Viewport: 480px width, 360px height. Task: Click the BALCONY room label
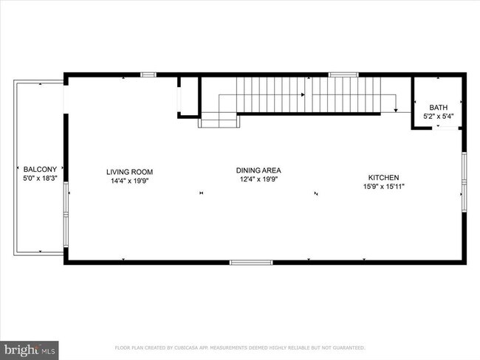click(40, 168)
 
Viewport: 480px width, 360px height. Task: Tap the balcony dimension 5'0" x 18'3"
click(40, 178)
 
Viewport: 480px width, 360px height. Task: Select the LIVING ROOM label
click(129, 172)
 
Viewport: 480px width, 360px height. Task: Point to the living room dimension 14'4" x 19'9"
click(129, 181)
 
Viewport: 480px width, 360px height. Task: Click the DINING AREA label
click(258, 170)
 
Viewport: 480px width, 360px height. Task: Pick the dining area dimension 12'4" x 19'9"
click(258, 179)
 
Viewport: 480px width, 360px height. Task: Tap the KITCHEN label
click(384, 177)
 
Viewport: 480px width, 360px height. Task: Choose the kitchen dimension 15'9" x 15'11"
click(384, 187)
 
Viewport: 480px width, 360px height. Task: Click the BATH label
click(439, 107)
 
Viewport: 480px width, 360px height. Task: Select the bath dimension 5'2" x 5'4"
click(439, 116)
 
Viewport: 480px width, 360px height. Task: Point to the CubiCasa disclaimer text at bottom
click(240, 347)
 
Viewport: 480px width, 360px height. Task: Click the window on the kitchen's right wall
click(464, 181)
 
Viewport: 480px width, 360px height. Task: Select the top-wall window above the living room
click(148, 74)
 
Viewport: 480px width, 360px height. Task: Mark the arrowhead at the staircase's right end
click(396, 109)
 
